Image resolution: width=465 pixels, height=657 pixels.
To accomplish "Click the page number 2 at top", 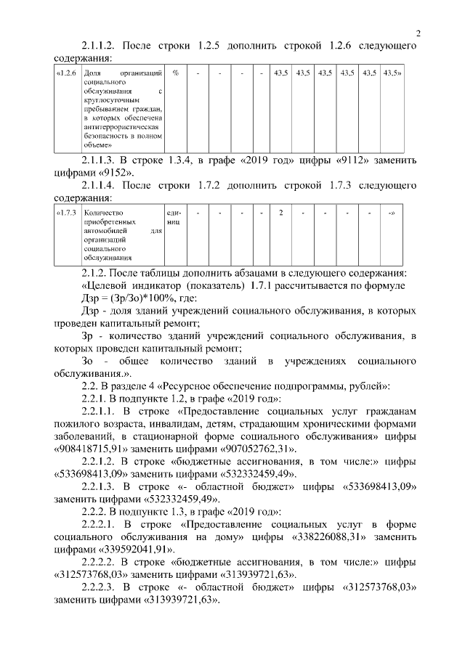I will (x=418, y=32).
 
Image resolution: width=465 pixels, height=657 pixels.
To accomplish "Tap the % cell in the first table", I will (x=176, y=74).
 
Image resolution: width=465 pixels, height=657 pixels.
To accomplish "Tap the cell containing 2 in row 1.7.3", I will (x=280, y=214).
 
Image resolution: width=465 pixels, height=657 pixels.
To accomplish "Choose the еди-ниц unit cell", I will (x=175, y=219).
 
